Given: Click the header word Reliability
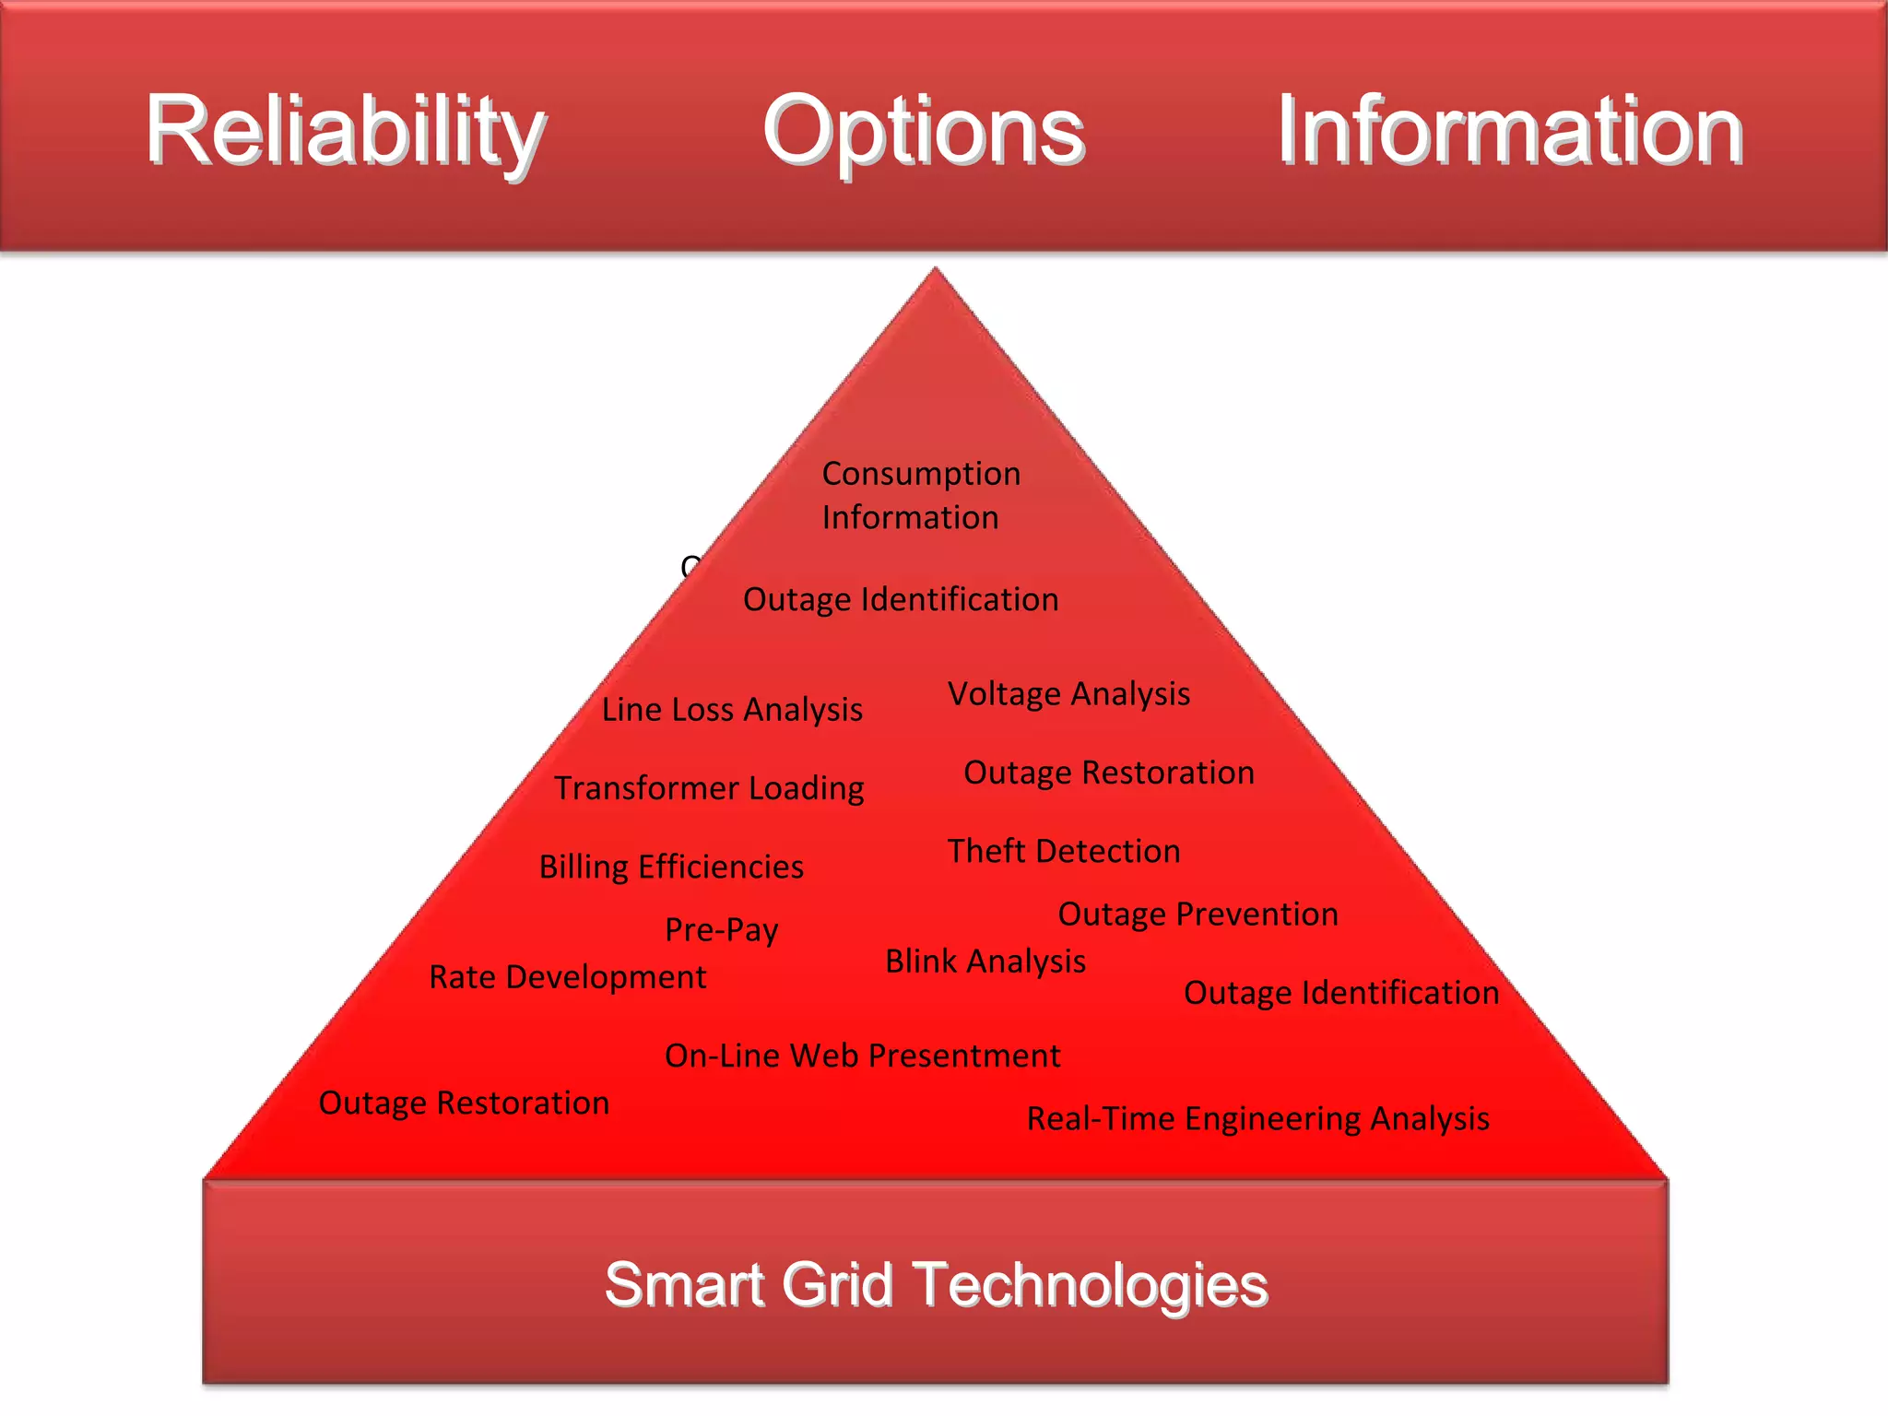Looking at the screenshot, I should click(346, 131).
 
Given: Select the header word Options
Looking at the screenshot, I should click(924, 131).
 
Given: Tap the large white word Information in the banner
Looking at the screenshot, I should click(1509, 131).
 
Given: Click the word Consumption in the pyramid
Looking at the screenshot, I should click(921, 474).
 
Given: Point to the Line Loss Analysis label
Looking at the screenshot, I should click(732, 710).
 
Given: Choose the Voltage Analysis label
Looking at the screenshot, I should click(1068, 694).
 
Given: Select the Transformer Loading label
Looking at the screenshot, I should click(709, 788).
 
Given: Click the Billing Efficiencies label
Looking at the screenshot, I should click(671, 867).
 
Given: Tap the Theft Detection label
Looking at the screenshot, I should click(1064, 851).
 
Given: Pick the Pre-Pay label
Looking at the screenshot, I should click(722, 929).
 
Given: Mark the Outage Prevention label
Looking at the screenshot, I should click(1198, 914).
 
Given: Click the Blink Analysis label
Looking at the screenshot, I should click(985, 962).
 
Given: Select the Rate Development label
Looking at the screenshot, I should click(568, 977).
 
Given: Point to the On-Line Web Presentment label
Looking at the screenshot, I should click(862, 1056).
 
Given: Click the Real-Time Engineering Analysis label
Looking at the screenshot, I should click(1257, 1119).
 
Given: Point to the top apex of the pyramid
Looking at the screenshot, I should click(935, 271).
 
